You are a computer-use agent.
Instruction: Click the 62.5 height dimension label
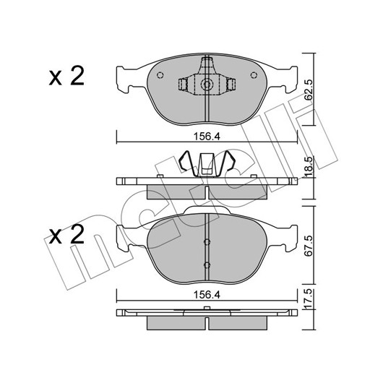[309, 90]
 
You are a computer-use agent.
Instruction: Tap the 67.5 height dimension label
[309, 246]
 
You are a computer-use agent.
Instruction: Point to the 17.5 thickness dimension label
[309, 298]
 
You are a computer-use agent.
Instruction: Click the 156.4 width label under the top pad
[207, 137]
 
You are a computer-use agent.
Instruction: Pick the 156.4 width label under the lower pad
[207, 295]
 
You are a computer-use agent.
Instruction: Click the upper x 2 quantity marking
[66, 76]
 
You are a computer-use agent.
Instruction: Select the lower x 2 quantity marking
[66, 234]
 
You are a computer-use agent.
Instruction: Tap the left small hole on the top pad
[160, 75]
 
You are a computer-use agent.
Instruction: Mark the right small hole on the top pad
[254, 75]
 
